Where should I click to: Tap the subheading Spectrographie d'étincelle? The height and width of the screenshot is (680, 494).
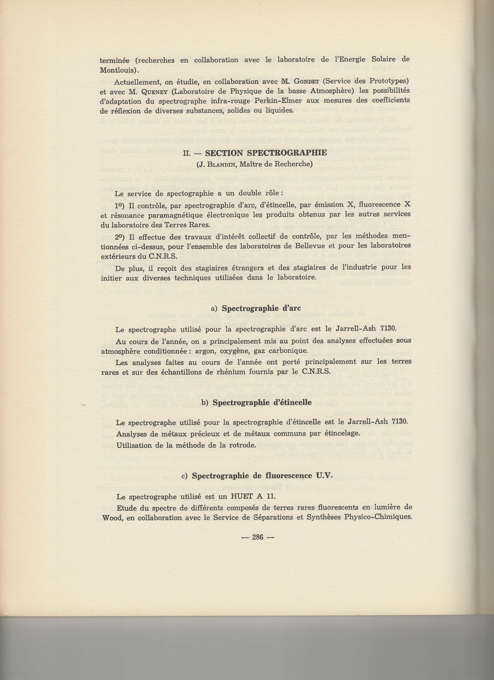point(262,403)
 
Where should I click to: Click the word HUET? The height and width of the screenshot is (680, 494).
point(239,496)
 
